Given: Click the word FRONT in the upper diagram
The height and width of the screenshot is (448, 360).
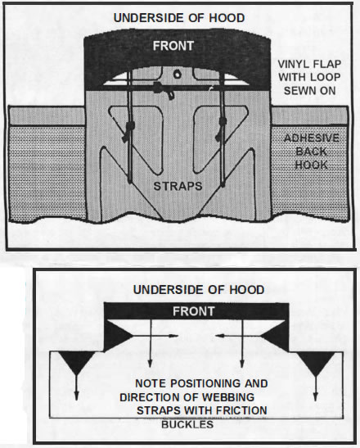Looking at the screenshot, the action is tap(173, 46).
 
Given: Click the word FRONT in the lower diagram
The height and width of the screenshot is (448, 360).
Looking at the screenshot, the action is tap(194, 311).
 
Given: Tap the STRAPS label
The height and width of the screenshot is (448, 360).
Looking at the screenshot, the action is tap(178, 186).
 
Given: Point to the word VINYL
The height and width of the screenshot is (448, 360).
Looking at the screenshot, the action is tap(293, 64).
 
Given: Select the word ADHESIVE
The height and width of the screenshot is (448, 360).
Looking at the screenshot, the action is tap(312, 138).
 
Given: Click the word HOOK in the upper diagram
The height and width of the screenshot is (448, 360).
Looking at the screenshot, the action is tap(311, 165).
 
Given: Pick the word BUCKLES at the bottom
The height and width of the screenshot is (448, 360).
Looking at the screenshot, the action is tap(187, 424).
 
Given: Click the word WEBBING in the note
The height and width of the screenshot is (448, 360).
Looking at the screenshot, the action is tap(228, 397).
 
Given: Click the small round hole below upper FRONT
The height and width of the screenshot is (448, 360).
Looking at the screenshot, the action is tap(178, 75).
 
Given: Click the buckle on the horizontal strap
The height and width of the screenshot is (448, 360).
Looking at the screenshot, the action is tap(164, 90).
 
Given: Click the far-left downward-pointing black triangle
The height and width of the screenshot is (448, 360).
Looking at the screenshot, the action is tap(76, 361).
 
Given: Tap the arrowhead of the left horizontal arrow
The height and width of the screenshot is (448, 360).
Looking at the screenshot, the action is tap(173, 336).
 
